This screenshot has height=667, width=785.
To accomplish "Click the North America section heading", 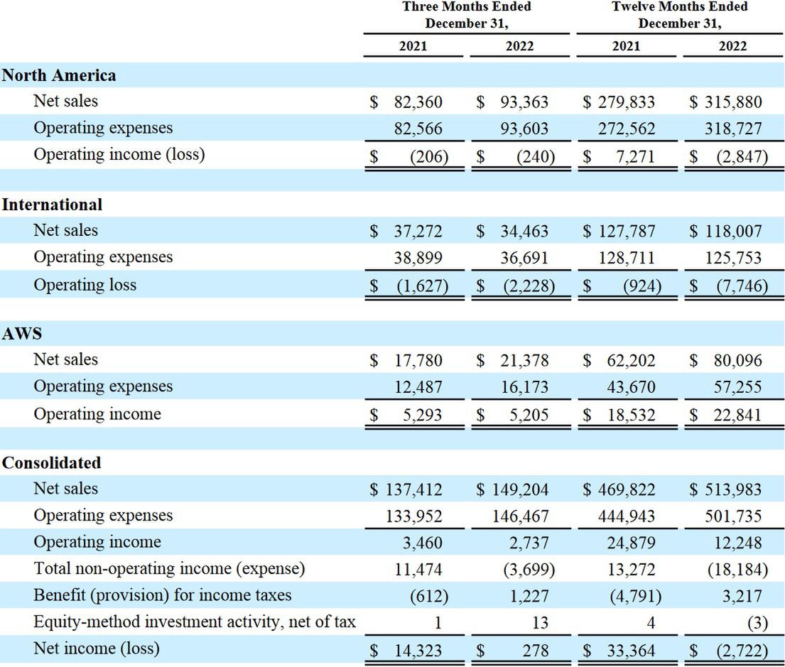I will pos(59,75).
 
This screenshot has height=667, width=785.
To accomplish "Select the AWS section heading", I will pos(22,333).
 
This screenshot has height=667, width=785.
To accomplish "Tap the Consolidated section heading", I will pos(51,462).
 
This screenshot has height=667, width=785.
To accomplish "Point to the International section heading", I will pos(52,205).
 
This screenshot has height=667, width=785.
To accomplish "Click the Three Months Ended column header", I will pos(467,14).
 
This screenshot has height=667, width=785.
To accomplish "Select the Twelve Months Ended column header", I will pos(680,14).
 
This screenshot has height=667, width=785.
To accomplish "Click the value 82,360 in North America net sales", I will pos(418,102).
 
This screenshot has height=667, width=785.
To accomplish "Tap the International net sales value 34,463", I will pos(524,232).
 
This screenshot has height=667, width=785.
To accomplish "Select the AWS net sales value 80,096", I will pos(737,361).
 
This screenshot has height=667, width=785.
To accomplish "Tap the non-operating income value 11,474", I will pos(418,570).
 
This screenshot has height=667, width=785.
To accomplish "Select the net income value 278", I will pos(538,650).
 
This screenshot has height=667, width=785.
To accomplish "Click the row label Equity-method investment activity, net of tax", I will pos(195,622).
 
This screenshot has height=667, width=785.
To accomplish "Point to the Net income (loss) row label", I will pos(97,649).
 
